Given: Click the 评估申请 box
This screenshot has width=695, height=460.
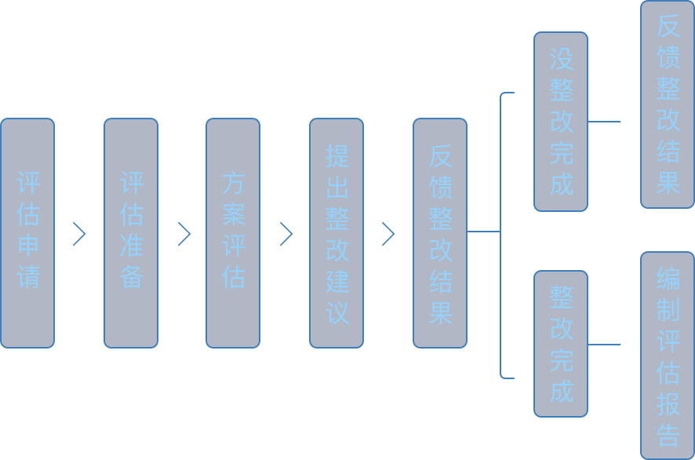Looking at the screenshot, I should [x=27, y=232].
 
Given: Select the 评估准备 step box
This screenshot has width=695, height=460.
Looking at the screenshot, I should [x=131, y=232].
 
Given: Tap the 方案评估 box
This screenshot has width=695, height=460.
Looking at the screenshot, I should [x=233, y=232].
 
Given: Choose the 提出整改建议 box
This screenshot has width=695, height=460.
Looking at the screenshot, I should [x=337, y=232].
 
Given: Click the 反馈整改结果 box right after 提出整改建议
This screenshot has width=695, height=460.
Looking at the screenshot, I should [x=440, y=232].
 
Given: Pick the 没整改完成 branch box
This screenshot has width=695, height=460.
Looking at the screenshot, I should [x=561, y=122].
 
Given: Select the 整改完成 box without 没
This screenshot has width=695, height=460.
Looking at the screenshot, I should [x=561, y=344].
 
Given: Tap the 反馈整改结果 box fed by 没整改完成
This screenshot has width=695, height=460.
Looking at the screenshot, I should [x=668, y=104].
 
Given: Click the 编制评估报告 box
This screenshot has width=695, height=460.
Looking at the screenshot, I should [x=668, y=355].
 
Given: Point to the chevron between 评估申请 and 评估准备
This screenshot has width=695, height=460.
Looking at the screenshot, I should [x=79, y=234].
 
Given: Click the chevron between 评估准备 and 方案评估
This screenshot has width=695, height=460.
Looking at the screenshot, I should [x=184, y=234].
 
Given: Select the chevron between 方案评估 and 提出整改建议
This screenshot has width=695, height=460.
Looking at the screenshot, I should [x=286, y=234].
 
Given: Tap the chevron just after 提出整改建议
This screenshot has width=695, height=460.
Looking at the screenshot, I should [x=388, y=234].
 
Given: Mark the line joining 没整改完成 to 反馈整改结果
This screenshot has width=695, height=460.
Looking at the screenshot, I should [x=604, y=122].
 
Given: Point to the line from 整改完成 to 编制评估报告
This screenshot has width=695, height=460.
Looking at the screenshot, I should [x=604, y=344].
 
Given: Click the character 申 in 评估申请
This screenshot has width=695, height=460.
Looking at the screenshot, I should [x=28, y=246].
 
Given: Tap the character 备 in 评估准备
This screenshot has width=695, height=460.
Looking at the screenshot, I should [x=132, y=278].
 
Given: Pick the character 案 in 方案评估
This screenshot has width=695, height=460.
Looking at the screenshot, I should [x=234, y=216].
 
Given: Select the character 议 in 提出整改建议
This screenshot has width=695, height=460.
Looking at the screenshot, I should [x=337, y=312].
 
